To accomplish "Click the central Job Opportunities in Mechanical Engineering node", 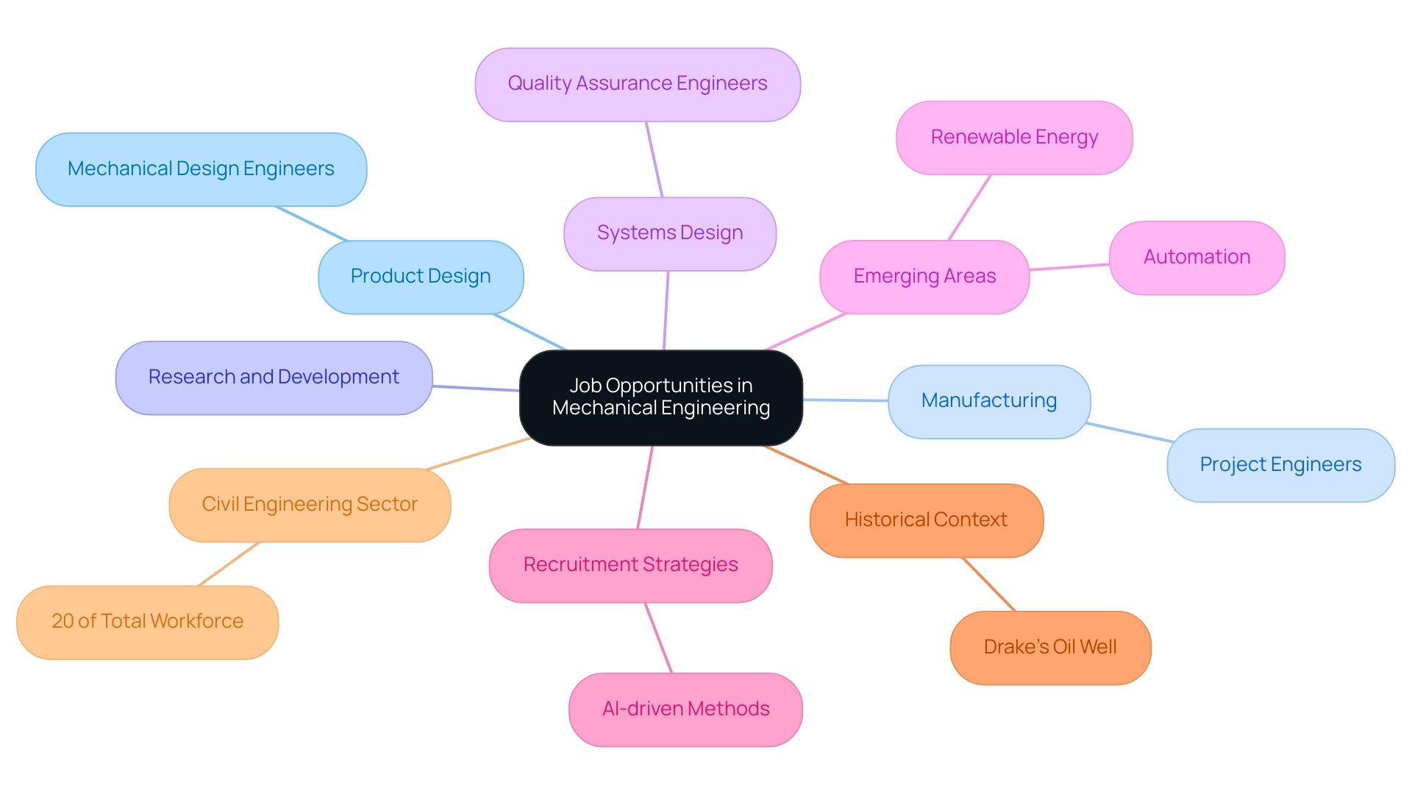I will tap(660, 397).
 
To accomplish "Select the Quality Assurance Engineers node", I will tap(638, 85).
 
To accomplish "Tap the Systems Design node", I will tap(670, 233).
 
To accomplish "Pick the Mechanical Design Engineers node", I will tap(201, 169).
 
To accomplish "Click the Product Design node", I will tap(421, 277).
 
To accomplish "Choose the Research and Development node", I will tap(274, 378).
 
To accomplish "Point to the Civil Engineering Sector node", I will tap(310, 505).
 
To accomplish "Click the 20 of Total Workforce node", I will tap(147, 622).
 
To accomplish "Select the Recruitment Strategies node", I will tap(630, 565).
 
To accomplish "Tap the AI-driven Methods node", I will tap(685, 709).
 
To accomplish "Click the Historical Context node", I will tap(926, 520).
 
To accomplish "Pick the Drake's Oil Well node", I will tap(1050, 648).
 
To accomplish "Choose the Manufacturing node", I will tap(989, 401).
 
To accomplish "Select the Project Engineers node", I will tap(1280, 465).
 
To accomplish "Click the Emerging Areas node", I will tap(924, 277).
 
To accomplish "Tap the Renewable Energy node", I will tap(1014, 138).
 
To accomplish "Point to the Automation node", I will tap(1197, 258).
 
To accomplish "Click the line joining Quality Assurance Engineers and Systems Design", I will tap(655, 159).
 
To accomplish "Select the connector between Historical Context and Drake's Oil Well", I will tap(989, 584).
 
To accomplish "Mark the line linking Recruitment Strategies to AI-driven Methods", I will tap(658, 637).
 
